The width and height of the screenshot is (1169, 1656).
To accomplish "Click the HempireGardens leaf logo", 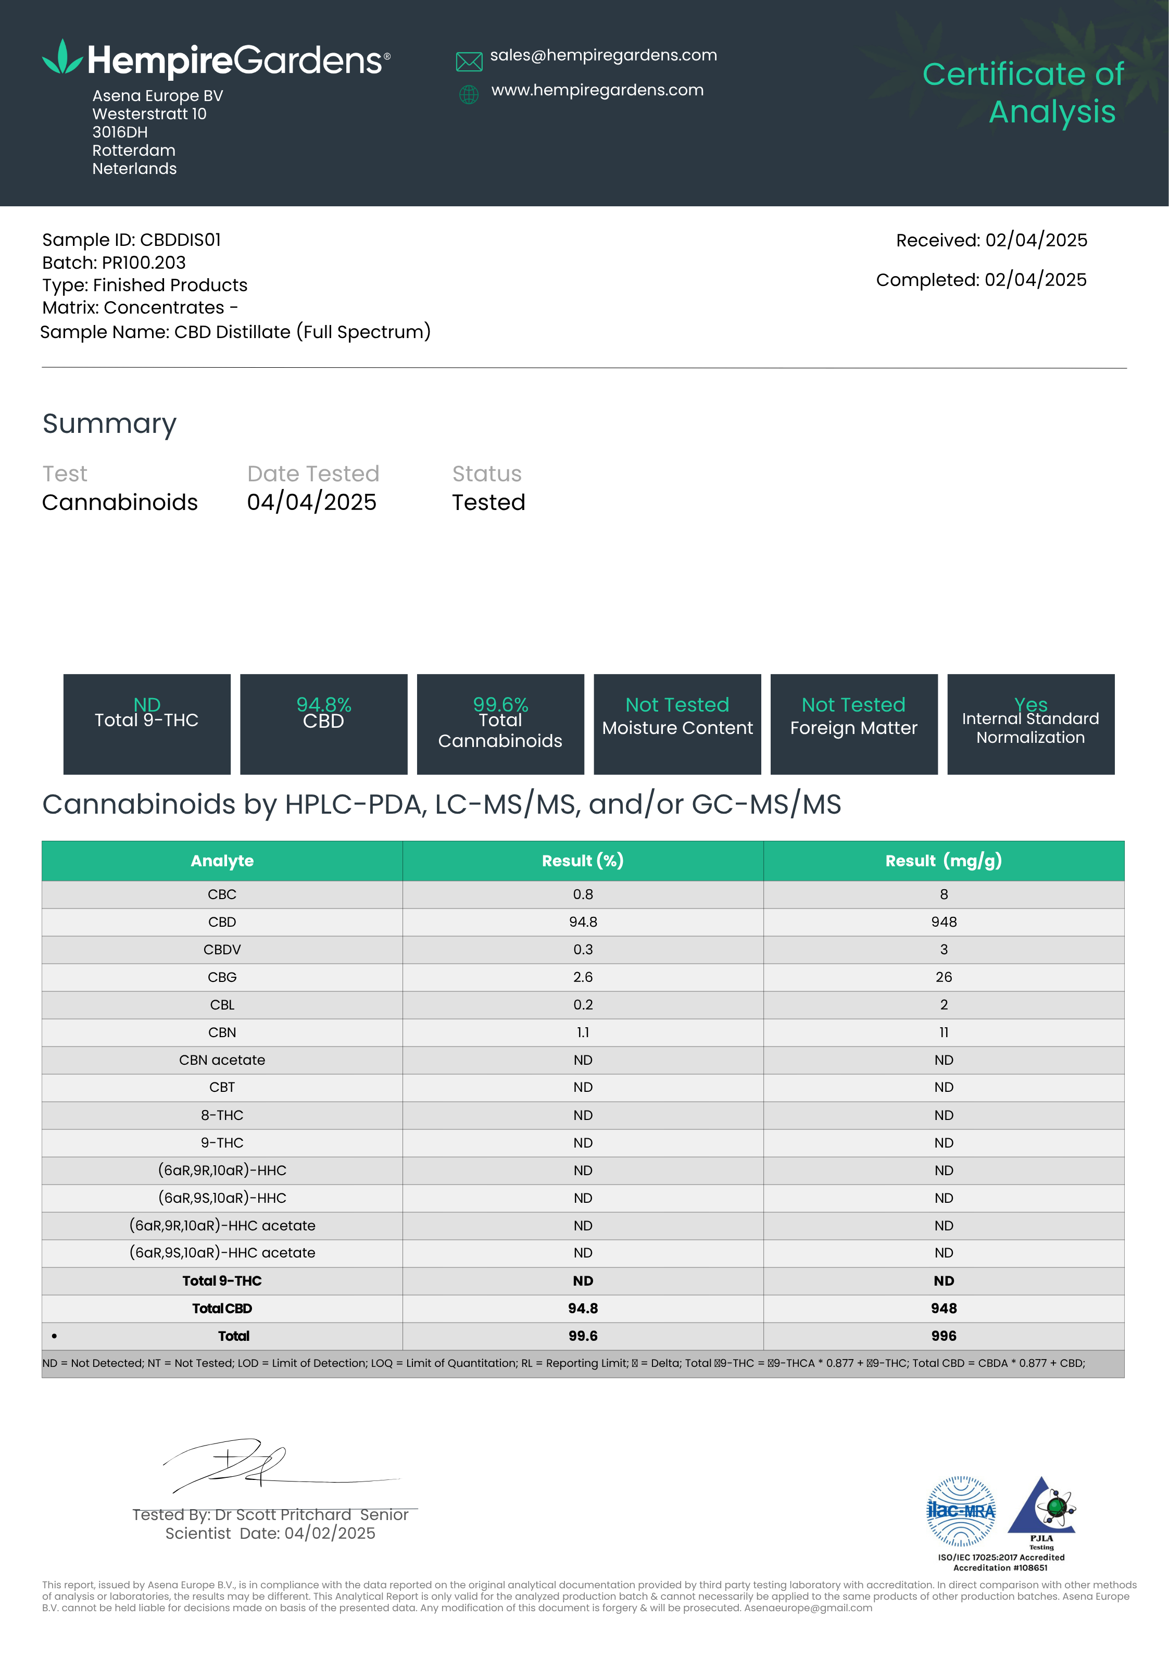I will coord(62,58).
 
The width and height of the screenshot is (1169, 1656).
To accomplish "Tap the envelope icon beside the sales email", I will coord(469,62).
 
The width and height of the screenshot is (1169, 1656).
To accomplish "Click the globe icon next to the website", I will coord(469,94).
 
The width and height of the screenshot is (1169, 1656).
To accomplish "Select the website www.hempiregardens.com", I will coord(597,90).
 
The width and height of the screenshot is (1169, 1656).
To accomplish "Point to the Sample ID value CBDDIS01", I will coord(180,240).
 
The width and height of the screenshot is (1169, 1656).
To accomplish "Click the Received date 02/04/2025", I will coord(1036,240).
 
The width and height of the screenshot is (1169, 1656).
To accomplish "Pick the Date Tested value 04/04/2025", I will coord(311,502).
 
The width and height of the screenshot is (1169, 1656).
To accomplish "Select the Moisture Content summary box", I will coord(677,724).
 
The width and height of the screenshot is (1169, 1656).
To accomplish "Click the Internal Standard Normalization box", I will coord(1030,724).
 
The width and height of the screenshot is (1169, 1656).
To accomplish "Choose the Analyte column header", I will coord(222,861).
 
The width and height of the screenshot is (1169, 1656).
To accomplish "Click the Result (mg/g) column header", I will coord(944,861).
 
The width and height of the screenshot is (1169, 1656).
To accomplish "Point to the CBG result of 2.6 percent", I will coord(583,977).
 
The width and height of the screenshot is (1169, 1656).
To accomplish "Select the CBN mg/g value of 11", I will coord(944,1032).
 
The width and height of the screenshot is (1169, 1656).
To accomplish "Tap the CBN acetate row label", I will coord(222,1060).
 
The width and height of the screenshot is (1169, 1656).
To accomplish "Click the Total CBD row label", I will coord(222,1309).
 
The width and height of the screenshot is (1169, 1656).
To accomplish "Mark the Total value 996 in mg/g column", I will coord(944,1336).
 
